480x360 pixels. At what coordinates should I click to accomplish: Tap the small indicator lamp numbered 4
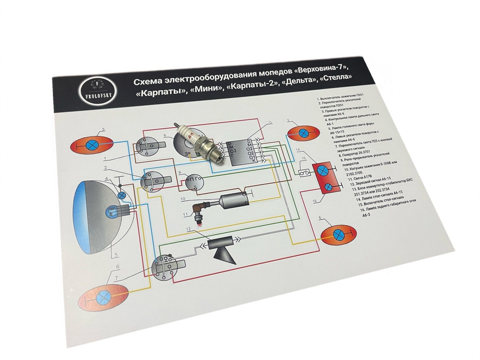121,195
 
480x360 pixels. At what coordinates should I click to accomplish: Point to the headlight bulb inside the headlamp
113,210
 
